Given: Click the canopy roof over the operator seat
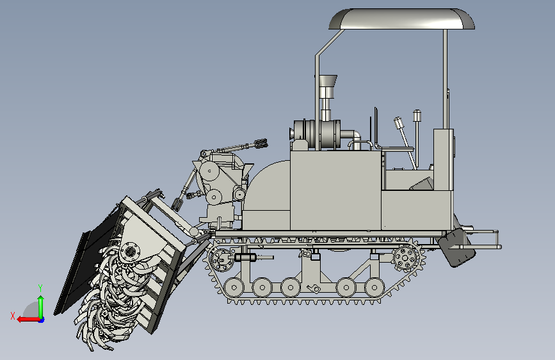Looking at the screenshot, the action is [x=402, y=19].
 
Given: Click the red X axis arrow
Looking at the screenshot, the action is [x=28, y=320].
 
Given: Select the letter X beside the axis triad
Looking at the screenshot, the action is [x=13, y=316].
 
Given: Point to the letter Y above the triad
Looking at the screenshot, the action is [x=40, y=288].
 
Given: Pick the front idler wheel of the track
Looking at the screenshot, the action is [x=221, y=259].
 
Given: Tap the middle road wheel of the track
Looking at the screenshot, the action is [x=291, y=288].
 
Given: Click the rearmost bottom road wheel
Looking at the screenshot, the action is [x=374, y=288].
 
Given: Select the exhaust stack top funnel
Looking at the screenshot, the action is [x=328, y=81].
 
